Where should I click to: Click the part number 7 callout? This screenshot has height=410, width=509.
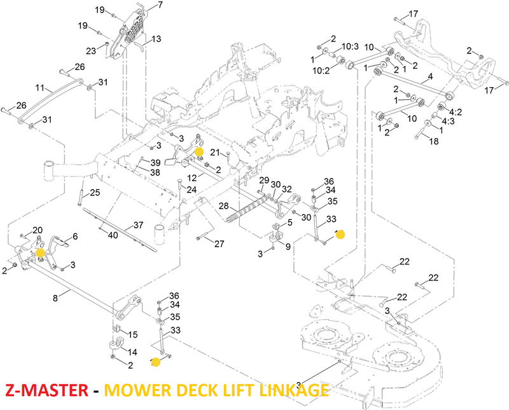(x=160, y=5)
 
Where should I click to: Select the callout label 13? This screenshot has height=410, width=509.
(x=157, y=39)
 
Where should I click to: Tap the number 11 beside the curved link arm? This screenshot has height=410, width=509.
(x=39, y=88)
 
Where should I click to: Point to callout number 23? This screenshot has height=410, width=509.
(x=90, y=50)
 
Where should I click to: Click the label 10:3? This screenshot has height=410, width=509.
(x=351, y=46)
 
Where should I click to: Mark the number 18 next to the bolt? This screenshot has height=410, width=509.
(x=434, y=142)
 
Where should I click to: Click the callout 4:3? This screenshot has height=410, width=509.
(x=448, y=121)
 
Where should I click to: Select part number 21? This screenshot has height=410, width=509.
(x=215, y=152)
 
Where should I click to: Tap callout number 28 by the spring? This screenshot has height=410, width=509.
(x=223, y=205)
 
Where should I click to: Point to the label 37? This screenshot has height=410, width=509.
(x=138, y=226)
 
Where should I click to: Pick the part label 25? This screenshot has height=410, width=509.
(x=95, y=193)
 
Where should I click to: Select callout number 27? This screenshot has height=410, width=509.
(x=220, y=243)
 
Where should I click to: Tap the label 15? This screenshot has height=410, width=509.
(x=133, y=335)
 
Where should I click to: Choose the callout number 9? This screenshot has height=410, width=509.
(x=288, y=247)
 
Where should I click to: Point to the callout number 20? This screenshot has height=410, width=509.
(x=37, y=230)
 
